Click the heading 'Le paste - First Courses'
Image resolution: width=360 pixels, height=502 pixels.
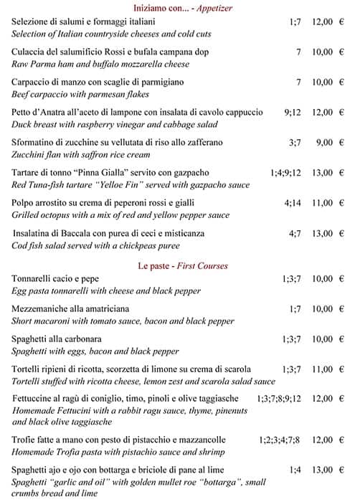point(184,266)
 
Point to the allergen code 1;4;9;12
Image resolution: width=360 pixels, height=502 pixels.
point(286,173)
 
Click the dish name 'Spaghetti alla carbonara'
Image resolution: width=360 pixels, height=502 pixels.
point(57,338)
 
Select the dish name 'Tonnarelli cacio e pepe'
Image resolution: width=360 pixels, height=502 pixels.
point(55,278)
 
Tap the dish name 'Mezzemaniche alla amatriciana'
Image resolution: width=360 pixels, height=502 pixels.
point(70,308)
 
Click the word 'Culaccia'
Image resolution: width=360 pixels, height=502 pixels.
point(29,52)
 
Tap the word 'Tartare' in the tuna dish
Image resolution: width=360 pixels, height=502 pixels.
point(28,173)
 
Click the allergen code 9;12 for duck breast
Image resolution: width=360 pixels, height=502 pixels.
point(293,113)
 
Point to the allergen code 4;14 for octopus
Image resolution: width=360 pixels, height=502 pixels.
point(293,203)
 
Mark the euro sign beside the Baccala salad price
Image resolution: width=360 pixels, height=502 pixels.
point(342,233)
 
